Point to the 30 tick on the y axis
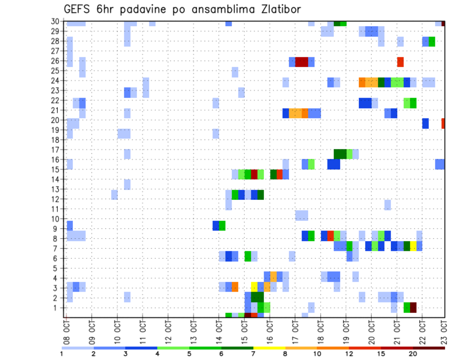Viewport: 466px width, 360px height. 56,22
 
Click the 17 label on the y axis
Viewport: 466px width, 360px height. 56,150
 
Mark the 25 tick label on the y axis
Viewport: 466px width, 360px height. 56,71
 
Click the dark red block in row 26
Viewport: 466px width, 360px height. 301,62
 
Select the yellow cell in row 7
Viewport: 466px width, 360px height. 413,246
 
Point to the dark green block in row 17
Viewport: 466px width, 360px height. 340,154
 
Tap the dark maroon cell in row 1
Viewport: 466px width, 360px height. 413,308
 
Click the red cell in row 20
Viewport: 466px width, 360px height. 443,123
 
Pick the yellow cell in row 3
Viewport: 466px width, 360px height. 254,287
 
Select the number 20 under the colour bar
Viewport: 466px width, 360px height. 413,354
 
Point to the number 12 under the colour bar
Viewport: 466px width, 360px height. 349,354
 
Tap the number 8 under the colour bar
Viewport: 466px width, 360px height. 285,354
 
